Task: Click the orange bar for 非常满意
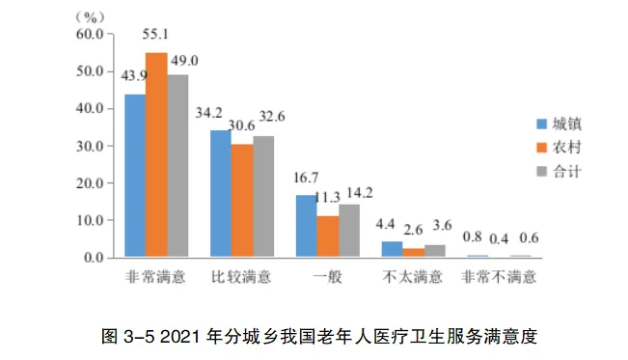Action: pos(156,155)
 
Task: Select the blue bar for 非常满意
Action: pos(135,176)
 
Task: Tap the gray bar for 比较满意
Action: pos(263,197)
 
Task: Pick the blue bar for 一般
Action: pos(306,227)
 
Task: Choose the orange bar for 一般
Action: pos(327,236)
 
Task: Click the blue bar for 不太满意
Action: pos(391,249)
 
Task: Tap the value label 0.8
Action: pos(474,237)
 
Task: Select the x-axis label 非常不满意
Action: pos(500,278)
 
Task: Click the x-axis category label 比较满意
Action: pos(241,278)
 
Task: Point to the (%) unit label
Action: pos(89,16)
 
